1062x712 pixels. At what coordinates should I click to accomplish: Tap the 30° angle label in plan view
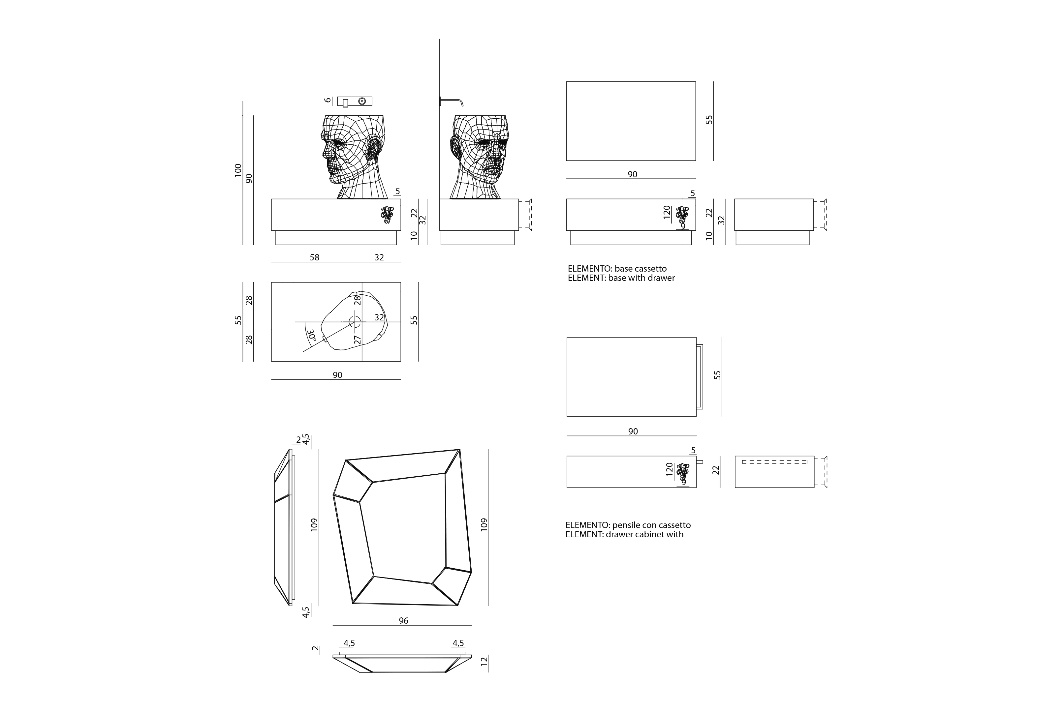(x=312, y=336)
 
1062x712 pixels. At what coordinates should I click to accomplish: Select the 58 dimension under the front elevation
(x=314, y=257)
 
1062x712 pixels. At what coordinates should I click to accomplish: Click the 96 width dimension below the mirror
(x=403, y=621)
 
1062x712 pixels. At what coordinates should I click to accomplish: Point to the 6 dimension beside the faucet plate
(x=328, y=100)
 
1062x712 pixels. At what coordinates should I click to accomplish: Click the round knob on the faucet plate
(x=362, y=101)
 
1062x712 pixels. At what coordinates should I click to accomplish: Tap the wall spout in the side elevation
(x=452, y=101)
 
